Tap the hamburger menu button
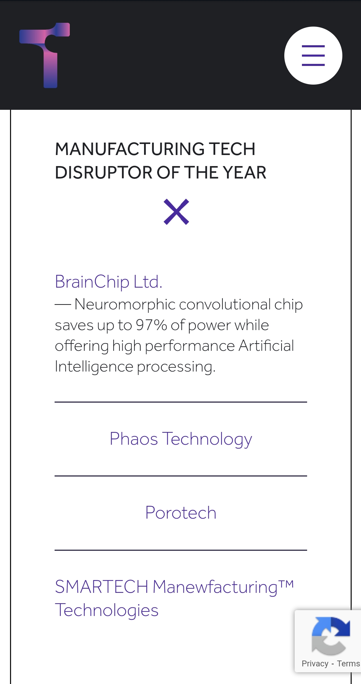pyautogui.click(x=313, y=56)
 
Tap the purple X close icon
pyautogui.click(x=176, y=212)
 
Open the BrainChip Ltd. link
pyautogui.click(x=108, y=282)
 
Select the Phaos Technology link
pyautogui.click(x=181, y=439)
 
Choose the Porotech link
pyautogui.click(x=181, y=513)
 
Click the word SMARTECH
pyautogui.click(x=102, y=587)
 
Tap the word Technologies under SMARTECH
pyautogui.click(x=107, y=610)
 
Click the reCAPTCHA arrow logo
pyautogui.click(x=331, y=636)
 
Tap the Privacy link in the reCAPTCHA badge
pyautogui.click(x=315, y=664)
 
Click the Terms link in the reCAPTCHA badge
pyautogui.click(x=348, y=664)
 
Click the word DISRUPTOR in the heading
pyautogui.click(x=104, y=173)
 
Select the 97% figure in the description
pyautogui.click(x=151, y=325)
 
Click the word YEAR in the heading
pyautogui.click(x=244, y=173)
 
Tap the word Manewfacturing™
pyautogui.click(x=223, y=587)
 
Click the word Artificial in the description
pyautogui.click(x=266, y=346)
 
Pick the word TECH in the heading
pyautogui.click(x=232, y=149)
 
